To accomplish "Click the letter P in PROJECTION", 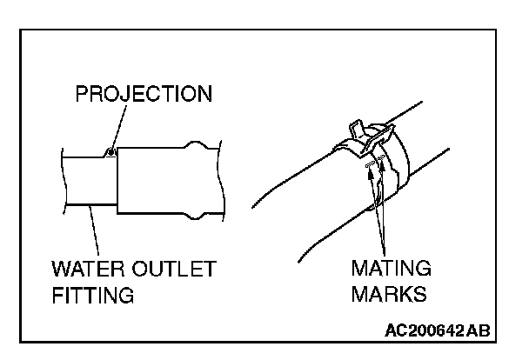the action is pyautogui.click(x=81, y=93).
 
